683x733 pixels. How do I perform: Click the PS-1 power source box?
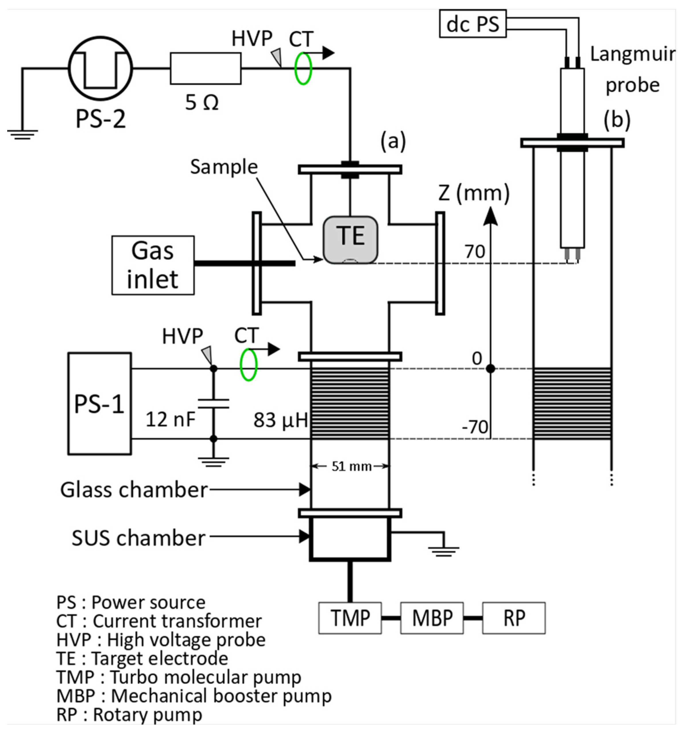100,403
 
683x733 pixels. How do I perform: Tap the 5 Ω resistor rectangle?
206,68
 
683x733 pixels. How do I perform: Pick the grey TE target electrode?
350,240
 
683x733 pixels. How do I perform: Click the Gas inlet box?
153,265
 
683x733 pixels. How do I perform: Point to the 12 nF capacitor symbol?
213,403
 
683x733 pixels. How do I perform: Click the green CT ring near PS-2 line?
303,68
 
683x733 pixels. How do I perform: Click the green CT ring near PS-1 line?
248,365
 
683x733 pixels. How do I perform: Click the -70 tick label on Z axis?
475,427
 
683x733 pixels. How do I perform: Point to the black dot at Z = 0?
490,368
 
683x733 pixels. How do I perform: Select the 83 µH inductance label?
280,420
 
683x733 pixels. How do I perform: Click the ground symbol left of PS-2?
22,135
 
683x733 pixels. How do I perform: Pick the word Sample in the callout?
224,167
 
